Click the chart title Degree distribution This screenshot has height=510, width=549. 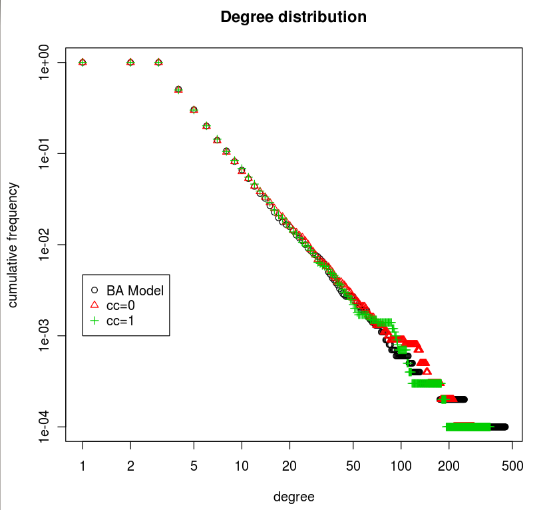[293, 17]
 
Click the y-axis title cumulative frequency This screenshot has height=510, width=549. [13, 245]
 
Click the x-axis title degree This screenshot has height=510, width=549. [293, 497]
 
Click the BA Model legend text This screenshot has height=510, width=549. [135, 291]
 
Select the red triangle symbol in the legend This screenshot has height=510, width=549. [94, 305]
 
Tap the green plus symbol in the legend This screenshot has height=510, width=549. [94, 321]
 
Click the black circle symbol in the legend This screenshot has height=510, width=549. [94, 290]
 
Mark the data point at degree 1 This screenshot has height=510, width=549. [83, 62]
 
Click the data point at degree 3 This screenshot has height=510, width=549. [158, 62]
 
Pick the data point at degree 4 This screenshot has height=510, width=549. [178, 89]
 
